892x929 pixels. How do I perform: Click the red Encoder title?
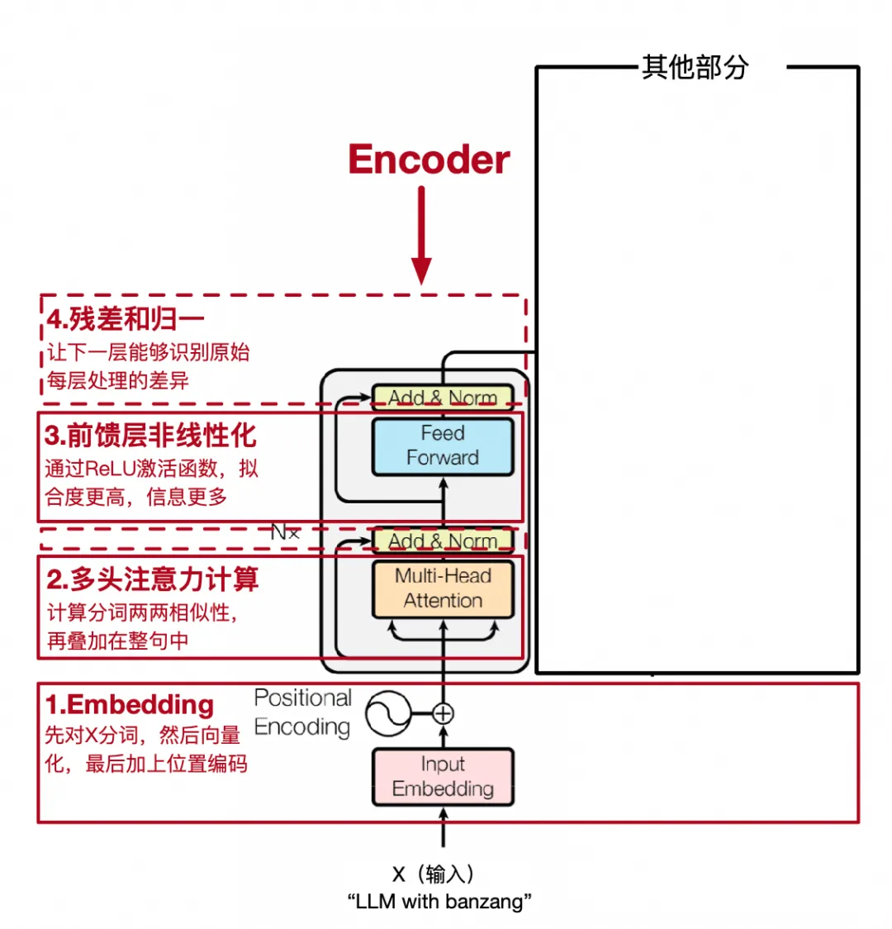[429, 160]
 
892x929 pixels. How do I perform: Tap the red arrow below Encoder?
[421, 236]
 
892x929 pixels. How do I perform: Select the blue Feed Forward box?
[443, 446]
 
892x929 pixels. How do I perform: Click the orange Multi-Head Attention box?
[443, 589]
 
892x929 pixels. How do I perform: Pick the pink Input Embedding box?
[443, 777]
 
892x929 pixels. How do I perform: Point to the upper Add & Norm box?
[443, 398]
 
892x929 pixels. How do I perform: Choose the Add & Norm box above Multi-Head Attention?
[443, 541]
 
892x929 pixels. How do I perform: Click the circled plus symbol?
[443, 713]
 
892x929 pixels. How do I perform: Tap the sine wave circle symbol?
[388, 713]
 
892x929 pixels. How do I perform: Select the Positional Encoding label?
[302, 712]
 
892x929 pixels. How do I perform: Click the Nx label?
[285, 532]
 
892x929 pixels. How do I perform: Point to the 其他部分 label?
[695, 67]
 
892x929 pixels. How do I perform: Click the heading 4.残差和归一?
[126, 320]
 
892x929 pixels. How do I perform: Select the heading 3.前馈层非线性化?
[150, 436]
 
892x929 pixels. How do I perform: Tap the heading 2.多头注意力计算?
[152, 579]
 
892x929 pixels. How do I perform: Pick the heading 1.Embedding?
[130, 704]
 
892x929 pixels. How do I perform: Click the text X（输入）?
[433, 874]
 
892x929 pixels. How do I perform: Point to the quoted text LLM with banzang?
[439, 902]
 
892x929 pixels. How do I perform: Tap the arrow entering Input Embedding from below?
[443, 827]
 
